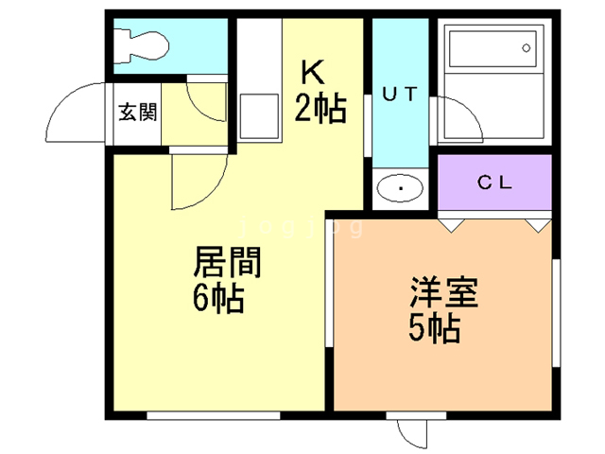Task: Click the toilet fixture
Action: [140, 43]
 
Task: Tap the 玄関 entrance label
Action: [137, 113]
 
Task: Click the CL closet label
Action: [493, 183]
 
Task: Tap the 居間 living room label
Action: [227, 261]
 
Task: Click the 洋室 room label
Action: [443, 290]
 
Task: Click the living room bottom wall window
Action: [213, 413]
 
